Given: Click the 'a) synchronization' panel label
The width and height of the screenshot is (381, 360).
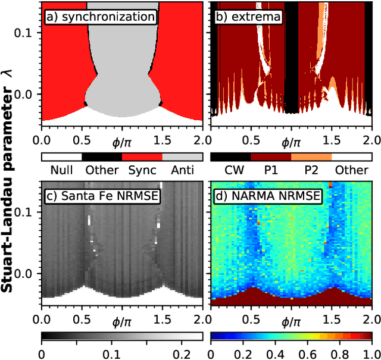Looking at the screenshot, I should coord(101,17).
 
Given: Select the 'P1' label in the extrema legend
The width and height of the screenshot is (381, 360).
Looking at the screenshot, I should coord(270,170).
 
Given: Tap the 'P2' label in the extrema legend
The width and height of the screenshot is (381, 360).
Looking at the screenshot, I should coord(311,170).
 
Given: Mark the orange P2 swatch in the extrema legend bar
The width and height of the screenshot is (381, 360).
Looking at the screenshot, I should coord(311,157).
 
